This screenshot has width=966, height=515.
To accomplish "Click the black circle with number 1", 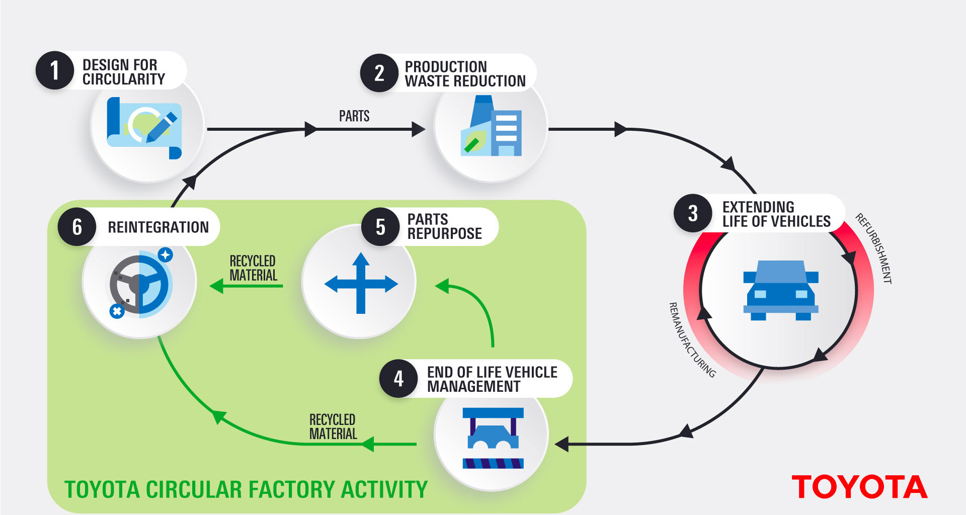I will [x=55, y=70].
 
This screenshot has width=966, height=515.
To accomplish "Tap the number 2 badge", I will [x=379, y=73].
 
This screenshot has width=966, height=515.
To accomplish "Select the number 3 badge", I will [x=693, y=213].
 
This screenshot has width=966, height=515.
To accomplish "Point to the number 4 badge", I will [x=398, y=379].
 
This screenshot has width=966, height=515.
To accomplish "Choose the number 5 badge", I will [x=380, y=227].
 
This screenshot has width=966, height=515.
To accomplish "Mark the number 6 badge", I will [x=77, y=227].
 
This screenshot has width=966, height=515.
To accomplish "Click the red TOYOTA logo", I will [x=859, y=487].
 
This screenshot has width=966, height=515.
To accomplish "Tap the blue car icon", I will [x=781, y=290].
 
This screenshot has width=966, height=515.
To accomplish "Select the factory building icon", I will [x=492, y=127].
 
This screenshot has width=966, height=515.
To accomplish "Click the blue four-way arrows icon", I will [x=361, y=283].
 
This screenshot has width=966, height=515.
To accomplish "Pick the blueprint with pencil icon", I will [x=144, y=127].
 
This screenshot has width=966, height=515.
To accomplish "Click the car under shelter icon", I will [x=493, y=438].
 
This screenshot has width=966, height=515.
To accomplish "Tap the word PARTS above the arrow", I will [x=354, y=116].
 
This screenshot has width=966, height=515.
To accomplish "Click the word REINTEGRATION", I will [x=158, y=227].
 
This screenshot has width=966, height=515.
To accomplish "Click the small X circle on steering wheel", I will [x=117, y=311].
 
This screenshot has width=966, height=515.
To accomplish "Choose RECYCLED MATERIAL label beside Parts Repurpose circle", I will [x=253, y=268].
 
